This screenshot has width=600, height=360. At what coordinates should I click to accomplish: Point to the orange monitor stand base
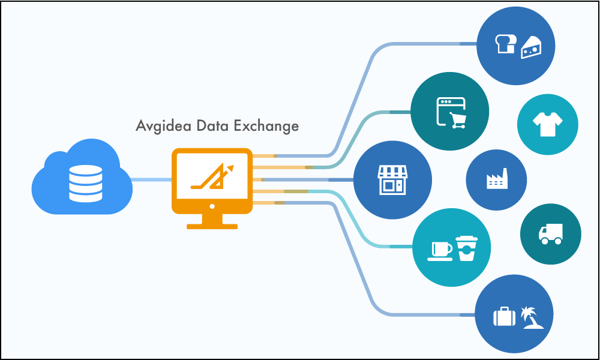[212, 226]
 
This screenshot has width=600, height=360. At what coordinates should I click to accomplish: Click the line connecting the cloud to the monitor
[151, 180]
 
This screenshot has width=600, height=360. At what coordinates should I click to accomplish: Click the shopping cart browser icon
[451, 113]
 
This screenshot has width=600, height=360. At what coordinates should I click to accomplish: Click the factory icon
[496, 179]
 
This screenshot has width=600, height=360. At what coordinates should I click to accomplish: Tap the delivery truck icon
[551, 233]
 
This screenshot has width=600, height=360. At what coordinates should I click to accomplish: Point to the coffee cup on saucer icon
[440, 250]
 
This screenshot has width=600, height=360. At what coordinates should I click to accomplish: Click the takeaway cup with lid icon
[466, 248]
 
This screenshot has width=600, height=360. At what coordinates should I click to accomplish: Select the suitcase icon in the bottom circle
[504, 316]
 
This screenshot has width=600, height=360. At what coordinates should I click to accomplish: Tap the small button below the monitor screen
[212, 206]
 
